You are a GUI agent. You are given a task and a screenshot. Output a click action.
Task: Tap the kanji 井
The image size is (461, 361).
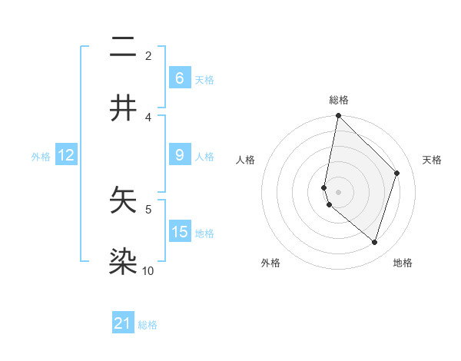coord(123,108)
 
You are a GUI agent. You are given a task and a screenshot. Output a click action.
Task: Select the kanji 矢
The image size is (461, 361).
coord(123,200)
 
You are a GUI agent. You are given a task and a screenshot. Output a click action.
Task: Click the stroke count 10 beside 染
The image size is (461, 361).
coord(148,270)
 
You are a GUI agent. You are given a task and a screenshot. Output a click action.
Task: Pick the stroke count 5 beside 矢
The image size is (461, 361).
coord(148,208)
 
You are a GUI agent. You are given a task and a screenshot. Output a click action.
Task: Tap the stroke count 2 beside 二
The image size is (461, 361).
coord(148,55)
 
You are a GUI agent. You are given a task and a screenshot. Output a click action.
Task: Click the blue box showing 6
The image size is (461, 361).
coord(179,78)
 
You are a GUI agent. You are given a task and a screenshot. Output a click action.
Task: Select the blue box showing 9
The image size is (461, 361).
coord(179,155)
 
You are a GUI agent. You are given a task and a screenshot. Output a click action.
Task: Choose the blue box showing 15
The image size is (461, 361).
coord(179,231)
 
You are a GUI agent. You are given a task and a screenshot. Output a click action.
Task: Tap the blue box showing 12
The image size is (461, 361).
coord(65,155)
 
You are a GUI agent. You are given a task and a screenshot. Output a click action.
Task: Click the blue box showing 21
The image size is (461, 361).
coord(123,323)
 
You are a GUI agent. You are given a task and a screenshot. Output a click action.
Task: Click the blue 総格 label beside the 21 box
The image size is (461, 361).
coord(148,325)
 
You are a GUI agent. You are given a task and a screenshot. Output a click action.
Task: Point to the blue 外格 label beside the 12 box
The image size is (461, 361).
coord(41,157)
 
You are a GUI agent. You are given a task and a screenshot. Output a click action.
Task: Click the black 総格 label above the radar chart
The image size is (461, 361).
coord(338,100)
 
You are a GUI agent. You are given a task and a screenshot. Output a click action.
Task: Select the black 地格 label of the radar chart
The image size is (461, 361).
coord(403,263)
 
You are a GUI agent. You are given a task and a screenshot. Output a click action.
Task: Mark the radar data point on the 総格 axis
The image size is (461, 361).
coord(338,116)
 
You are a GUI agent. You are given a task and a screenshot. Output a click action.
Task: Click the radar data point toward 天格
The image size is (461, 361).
coord(397,173)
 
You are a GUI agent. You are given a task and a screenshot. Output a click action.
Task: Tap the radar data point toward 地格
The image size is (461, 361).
coord(374,243)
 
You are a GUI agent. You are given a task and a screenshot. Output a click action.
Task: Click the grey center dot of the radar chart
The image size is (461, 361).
coord(338,191)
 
